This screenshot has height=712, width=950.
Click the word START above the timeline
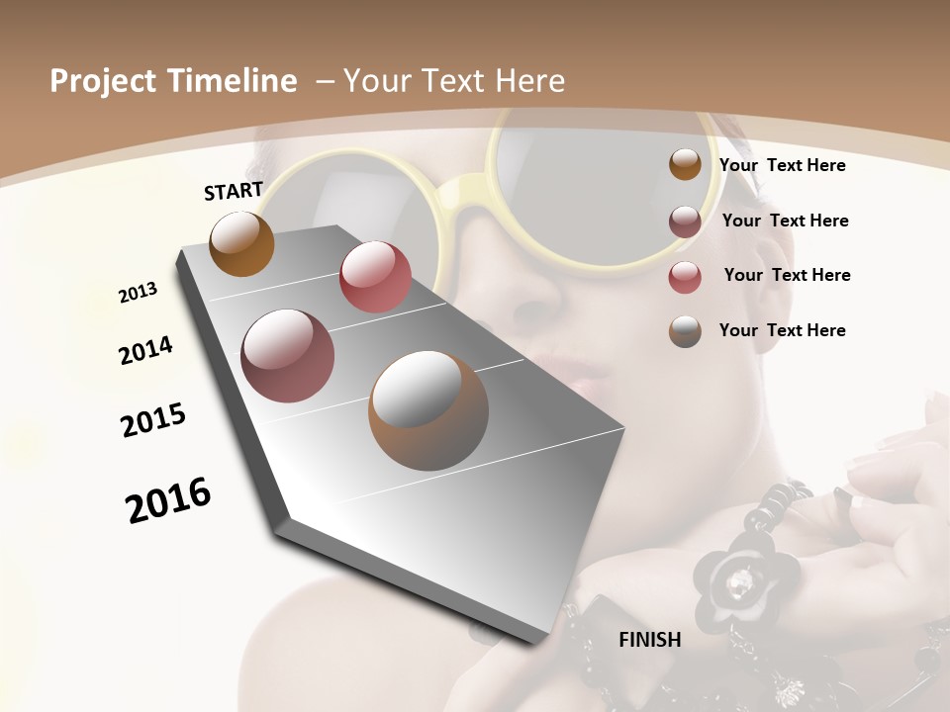(234, 191)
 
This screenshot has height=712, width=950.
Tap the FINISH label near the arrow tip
(650, 640)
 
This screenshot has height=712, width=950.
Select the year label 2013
(139, 293)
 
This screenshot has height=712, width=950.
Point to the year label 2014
(146, 351)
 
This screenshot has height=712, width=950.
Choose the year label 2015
(153, 420)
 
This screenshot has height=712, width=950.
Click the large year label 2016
(168, 500)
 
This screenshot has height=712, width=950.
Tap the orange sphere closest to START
(241, 244)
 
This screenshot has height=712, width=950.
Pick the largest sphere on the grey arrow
(428, 410)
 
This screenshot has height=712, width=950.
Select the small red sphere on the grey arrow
(375, 277)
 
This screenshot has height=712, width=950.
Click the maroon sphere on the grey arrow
(287, 356)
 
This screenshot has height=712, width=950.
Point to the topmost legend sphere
(685, 164)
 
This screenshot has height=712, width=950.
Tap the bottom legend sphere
(685, 331)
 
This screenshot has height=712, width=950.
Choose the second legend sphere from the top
(685, 222)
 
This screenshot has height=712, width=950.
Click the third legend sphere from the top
(685, 277)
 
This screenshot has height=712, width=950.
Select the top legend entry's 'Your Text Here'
(782, 166)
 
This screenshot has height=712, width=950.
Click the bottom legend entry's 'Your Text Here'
(782, 330)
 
